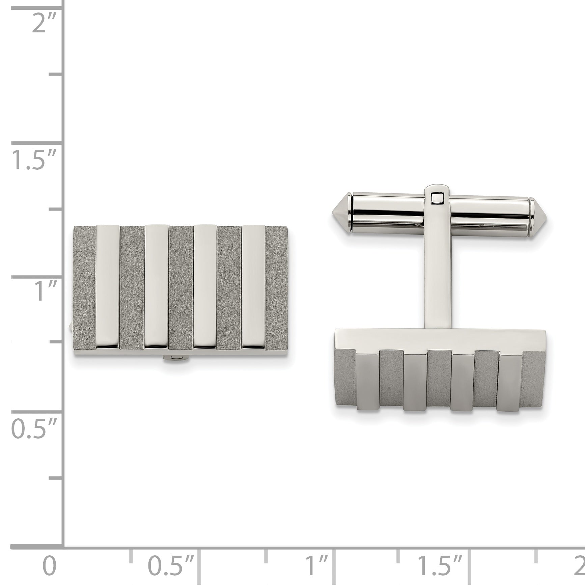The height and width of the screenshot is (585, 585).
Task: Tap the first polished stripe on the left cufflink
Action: pos(108,286)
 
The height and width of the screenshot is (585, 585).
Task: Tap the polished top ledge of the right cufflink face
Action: pos(439,338)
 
